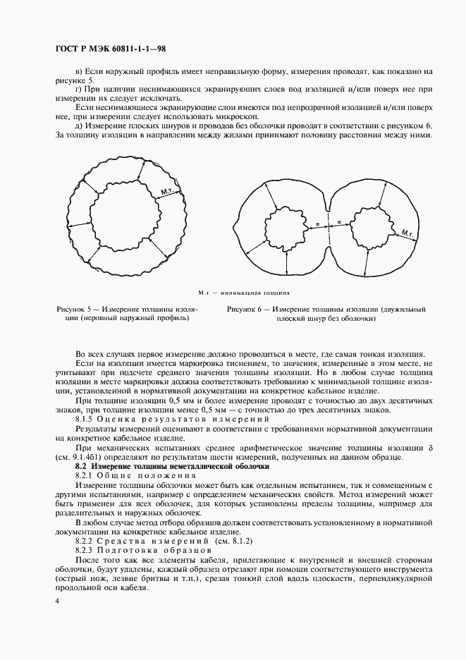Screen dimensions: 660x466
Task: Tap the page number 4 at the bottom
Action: pyautogui.click(x=56, y=600)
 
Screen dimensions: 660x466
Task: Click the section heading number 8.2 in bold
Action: pyautogui.click(x=82, y=467)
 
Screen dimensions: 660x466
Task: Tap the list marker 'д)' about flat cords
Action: pyautogui.click(x=78, y=126)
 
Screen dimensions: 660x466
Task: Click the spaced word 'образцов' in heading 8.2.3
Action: pyautogui.click(x=183, y=548)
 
